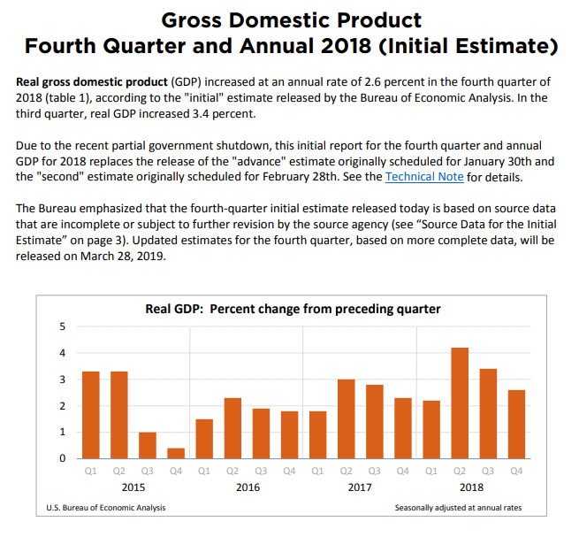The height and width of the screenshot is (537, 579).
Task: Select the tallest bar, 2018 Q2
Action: pyautogui.click(x=459, y=403)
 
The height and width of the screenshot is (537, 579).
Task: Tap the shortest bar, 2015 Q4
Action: pyautogui.click(x=176, y=454)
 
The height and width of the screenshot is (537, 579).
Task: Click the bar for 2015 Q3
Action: pyautogui.click(x=148, y=446)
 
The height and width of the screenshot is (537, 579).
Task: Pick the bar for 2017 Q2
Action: pyautogui.click(x=347, y=419)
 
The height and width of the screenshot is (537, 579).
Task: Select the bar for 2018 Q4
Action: pyautogui.click(x=516, y=425)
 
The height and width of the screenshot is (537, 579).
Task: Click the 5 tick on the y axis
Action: pyautogui.click(x=61, y=326)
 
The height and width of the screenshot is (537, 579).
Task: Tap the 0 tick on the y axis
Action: pyautogui.click(x=61, y=459)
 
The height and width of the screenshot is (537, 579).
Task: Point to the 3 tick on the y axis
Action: pyautogui.click(x=61, y=380)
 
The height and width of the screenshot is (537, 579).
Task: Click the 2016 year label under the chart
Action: pyautogui.click(x=248, y=487)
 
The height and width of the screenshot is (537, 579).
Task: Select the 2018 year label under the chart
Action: pyautogui.click(x=473, y=487)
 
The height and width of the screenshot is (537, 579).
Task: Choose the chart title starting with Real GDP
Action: pyautogui.click(x=293, y=309)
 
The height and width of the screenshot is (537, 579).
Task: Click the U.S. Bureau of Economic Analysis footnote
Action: pyautogui.click(x=105, y=507)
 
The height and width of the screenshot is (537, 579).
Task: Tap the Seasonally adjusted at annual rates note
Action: pyautogui.click(x=459, y=507)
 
